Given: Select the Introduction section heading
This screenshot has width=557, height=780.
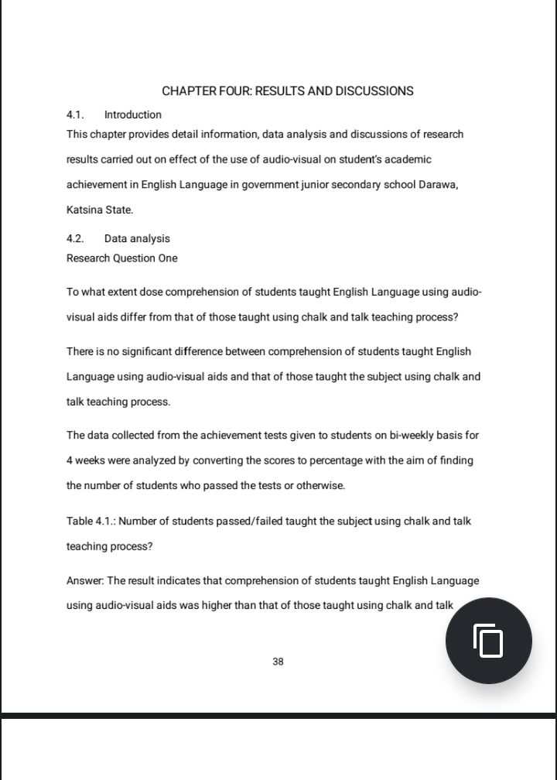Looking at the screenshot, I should point(133,115).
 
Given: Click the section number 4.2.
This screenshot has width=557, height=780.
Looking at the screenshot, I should point(75,238).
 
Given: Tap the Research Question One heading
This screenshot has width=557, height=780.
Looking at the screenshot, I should point(121,258).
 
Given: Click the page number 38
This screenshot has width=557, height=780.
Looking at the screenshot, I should point(278,662).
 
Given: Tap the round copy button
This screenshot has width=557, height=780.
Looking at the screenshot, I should point(488,641).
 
